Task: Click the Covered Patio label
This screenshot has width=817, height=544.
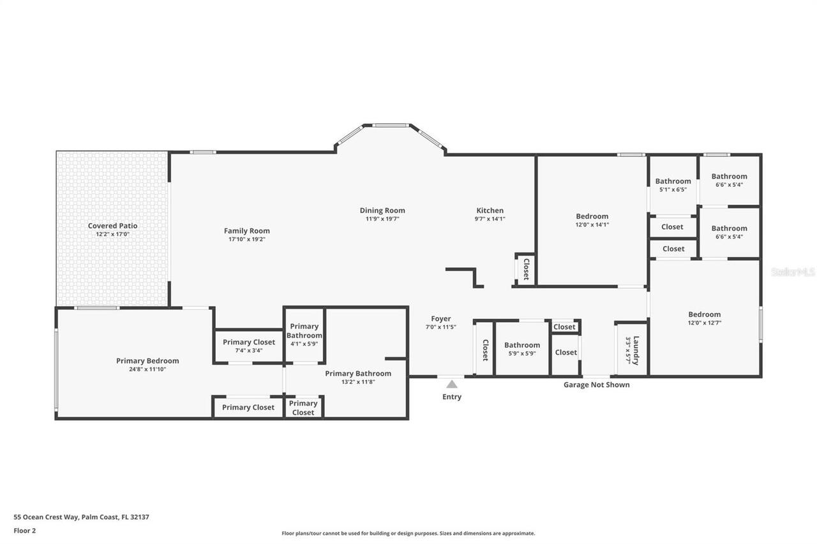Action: (x=112, y=226)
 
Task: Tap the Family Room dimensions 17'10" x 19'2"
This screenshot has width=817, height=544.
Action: (x=246, y=240)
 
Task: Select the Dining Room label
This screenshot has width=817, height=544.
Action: (x=382, y=210)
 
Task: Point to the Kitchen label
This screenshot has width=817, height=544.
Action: (x=490, y=210)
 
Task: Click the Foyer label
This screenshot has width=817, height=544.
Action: (x=440, y=319)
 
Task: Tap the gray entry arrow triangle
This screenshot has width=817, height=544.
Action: (x=451, y=384)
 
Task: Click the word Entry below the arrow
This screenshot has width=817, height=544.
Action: (x=451, y=397)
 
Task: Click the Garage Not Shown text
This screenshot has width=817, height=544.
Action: (x=596, y=385)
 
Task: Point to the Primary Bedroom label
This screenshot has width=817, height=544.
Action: (x=147, y=361)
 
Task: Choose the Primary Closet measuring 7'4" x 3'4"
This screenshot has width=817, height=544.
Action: (x=249, y=342)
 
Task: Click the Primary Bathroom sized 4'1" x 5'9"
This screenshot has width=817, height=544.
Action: (x=304, y=331)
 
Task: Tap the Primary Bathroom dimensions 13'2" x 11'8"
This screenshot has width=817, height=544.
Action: (x=358, y=382)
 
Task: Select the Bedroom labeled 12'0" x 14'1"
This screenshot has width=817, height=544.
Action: (x=592, y=216)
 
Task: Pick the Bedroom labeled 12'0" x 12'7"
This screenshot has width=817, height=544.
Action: (x=704, y=314)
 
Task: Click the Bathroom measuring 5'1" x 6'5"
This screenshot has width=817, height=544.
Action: (x=673, y=181)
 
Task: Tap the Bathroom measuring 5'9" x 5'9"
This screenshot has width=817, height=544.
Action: (x=522, y=345)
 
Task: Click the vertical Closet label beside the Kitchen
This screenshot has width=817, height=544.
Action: (x=526, y=269)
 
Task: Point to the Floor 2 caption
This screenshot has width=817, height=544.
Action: (x=25, y=530)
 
